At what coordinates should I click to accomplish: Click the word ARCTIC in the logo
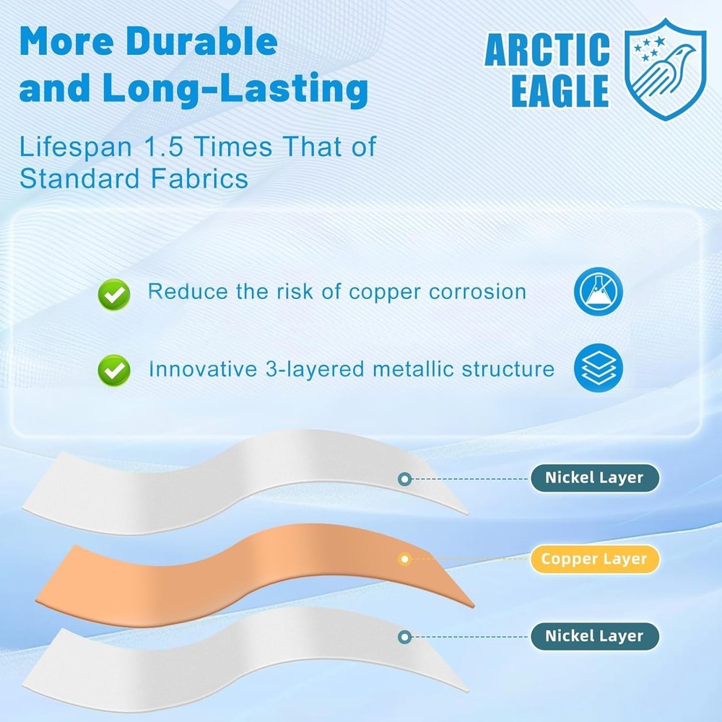click(x=547, y=51)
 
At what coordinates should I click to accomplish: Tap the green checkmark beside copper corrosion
click(x=114, y=293)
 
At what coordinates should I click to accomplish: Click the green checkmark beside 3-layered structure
click(x=114, y=370)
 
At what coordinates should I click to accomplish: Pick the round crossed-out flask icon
click(x=598, y=292)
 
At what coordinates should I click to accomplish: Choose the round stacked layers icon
click(x=598, y=368)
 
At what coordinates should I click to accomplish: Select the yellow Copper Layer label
click(x=594, y=559)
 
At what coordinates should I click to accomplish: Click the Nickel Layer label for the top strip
click(x=594, y=478)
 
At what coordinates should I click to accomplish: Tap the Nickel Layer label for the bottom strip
click(x=594, y=636)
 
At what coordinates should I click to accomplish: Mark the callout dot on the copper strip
click(x=405, y=559)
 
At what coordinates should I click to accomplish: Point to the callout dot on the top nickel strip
click(x=405, y=478)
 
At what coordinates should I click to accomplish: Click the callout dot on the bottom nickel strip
click(x=405, y=636)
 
